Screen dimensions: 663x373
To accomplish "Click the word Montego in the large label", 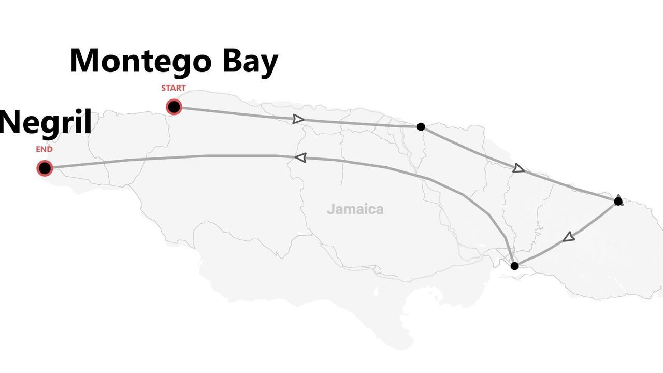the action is [x=140, y=61].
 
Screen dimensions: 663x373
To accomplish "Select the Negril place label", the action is [x=46, y=123].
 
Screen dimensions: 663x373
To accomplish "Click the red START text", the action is [x=173, y=88].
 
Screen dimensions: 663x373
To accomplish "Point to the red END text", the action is [x=44, y=150].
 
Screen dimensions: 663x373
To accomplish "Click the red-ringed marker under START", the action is [x=174, y=107].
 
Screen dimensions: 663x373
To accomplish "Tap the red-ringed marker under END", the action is [x=45, y=168].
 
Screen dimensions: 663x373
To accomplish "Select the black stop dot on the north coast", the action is [x=421, y=126].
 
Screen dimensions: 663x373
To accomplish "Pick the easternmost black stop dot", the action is [x=618, y=201].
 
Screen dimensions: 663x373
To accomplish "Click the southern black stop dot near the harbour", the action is [x=514, y=266].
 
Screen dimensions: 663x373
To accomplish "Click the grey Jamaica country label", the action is [x=355, y=209].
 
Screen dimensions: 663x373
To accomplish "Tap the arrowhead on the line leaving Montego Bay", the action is [x=298, y=119].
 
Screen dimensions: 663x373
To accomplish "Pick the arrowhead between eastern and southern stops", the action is [x=569, y=237].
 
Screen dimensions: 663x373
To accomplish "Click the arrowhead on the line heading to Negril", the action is [x=300, y=157].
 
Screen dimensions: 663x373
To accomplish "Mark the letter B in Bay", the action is [x=233, y=61].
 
